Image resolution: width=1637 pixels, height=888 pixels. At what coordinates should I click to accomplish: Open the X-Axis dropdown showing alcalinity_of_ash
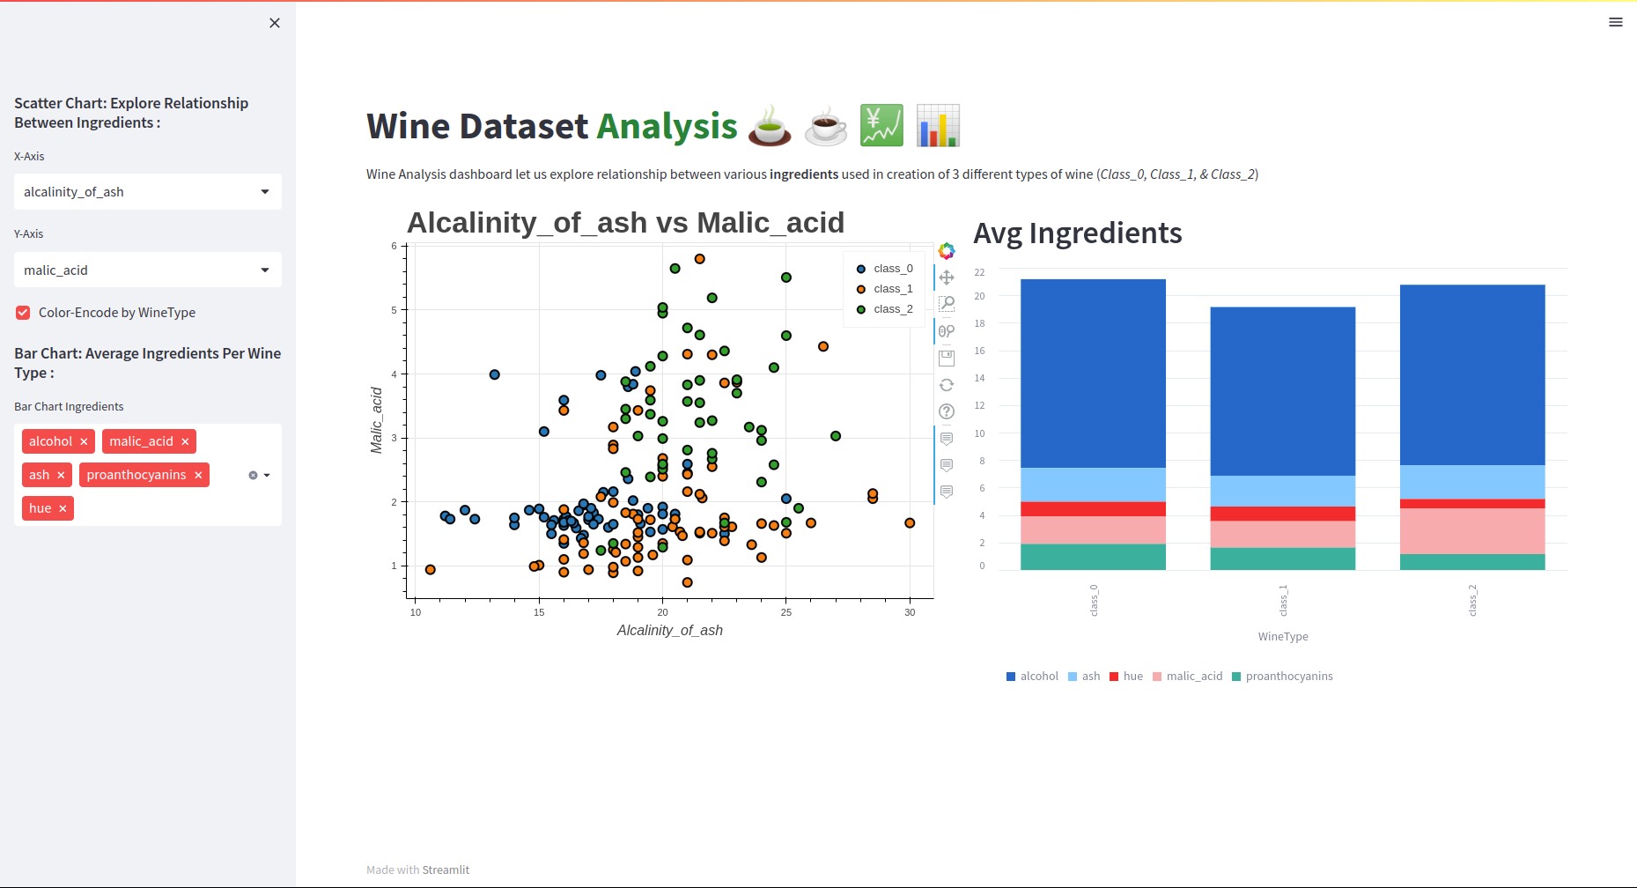[147, 192]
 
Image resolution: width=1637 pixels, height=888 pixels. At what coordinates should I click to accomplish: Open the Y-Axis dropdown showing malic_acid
[147, 270]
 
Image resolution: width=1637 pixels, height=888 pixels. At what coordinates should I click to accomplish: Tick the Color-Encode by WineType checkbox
[23, 313]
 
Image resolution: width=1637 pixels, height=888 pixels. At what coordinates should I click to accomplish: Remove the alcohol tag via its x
[84, 442]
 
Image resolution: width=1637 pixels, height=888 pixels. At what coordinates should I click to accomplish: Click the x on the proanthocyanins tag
[198, 476]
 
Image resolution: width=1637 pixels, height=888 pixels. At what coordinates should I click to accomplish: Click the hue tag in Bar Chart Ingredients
[40, 508]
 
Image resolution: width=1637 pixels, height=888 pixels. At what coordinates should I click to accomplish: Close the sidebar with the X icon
[275, 23]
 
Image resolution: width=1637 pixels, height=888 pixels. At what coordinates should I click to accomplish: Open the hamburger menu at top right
[1615, 22]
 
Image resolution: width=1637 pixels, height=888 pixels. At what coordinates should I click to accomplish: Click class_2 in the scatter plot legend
[892, 309]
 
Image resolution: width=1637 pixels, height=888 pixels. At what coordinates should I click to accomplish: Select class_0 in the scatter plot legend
[892, 269]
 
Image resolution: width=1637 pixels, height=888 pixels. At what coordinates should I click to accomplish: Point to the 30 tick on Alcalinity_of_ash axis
[910, 612]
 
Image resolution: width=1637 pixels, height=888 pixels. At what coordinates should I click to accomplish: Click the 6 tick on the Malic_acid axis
[395, 246]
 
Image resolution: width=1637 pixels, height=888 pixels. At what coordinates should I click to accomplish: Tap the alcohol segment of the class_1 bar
[1282, 391]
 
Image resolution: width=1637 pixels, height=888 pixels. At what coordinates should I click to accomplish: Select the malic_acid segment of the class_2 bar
[1471, 531]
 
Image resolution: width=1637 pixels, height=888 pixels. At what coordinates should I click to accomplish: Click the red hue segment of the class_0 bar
[1093, 509]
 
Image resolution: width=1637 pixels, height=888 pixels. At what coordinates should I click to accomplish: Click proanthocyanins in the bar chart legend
[1288, 677]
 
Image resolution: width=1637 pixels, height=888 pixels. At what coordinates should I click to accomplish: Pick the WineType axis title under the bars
[1282, 637]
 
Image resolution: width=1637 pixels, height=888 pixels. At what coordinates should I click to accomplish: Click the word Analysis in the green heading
[667, 127]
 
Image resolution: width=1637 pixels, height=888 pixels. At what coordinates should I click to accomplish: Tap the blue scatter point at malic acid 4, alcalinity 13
[495, 374]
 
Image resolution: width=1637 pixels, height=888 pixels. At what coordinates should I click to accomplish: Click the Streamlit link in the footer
[446, 870]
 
